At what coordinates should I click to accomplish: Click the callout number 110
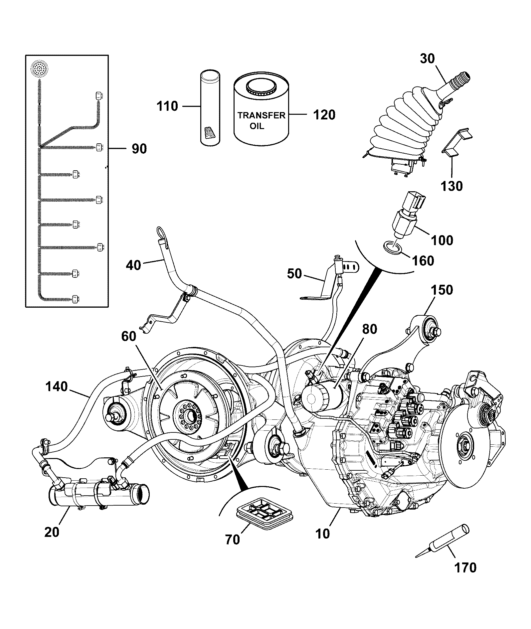point(167,106)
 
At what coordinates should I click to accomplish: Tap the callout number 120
point(324,115)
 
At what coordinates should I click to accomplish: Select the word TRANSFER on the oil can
point(261,115)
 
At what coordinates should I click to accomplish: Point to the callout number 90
point(139,149)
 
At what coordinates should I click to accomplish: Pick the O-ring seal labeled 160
point(393,247)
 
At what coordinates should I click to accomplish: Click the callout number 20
point(52,532)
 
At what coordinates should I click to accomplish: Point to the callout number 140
point(57,387)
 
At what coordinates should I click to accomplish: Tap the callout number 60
point(129,337)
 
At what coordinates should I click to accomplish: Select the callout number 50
point(294,274)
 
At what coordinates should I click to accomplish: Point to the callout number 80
point(370,329)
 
